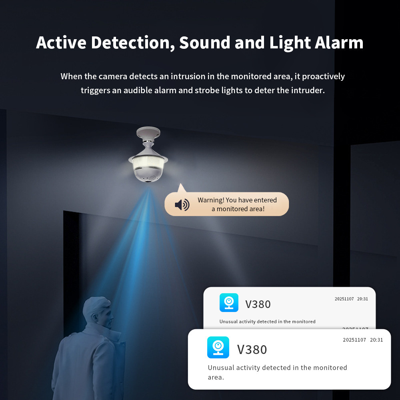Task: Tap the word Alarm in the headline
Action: [339, 42]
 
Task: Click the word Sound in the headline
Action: [205, 42]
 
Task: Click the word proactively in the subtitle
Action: [323, 76]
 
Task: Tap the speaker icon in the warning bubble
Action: [182, 204]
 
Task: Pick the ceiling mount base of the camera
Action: [148, 133]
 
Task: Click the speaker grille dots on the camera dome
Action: [152, 177]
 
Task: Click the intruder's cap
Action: [96, 305]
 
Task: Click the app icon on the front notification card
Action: [218, 347]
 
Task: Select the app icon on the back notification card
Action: [229, 302]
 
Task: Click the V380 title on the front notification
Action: [252, 350]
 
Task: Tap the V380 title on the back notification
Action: [258, 304]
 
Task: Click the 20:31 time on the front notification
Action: [376, 340]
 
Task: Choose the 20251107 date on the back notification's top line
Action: [344, 299]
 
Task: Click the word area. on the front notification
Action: [216, 377]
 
